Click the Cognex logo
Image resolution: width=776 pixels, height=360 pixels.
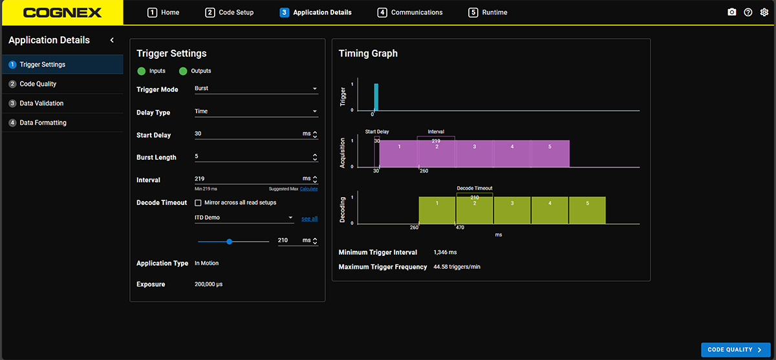coord(62,13)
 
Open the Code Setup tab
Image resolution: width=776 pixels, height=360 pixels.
coord(230,12)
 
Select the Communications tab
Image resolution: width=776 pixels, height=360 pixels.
coord(410,12)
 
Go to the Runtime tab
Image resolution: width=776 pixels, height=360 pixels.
coord(488,12)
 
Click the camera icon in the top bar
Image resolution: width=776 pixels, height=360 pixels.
coord(731,12)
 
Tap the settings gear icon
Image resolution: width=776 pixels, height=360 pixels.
coord(764,12)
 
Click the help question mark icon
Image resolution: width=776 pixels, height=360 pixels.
coord(748,12)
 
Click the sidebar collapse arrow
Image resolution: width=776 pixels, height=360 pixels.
coord(112,40)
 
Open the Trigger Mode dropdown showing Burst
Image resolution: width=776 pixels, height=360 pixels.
coord(256,89)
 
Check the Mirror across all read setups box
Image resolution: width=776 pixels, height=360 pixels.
coord(198,202)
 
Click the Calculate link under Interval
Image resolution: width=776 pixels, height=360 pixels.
coord(308,189)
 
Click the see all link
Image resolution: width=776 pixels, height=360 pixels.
coord(309,218)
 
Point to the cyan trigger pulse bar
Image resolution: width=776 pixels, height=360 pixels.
coord(376,97)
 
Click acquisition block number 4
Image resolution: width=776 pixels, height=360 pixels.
coord(512,154)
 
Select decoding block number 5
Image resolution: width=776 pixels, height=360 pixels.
coord(587,210)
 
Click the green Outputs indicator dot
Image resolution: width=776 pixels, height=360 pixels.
coord(183,71)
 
